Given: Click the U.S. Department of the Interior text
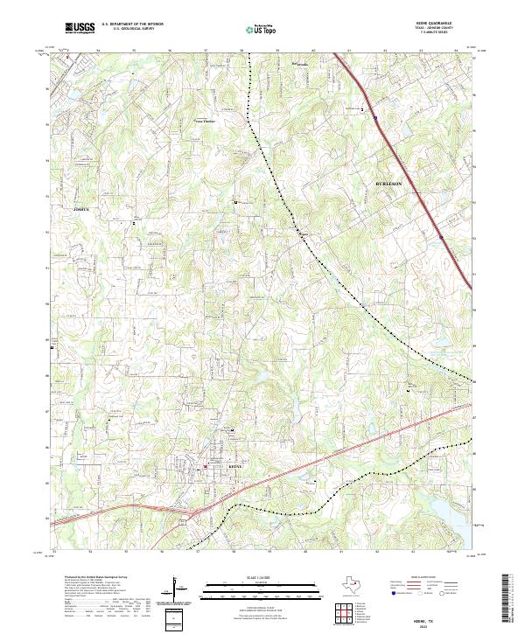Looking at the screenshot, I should pos(132,24).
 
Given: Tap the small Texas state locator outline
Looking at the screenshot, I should pos(359,586).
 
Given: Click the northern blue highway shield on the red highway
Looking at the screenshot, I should pos(374,115).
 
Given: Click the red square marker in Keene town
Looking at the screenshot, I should pos(206,467).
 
